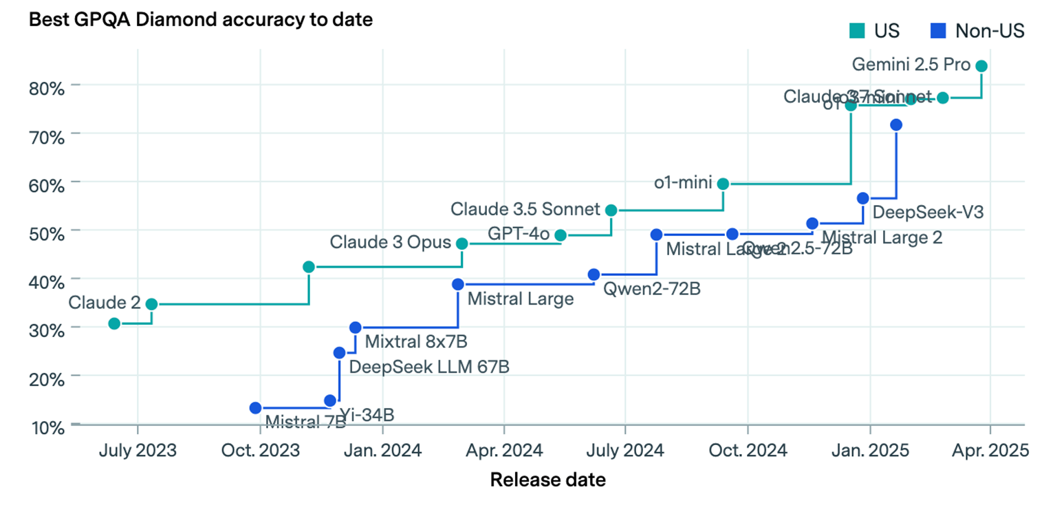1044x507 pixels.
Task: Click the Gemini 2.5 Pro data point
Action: pos(981,66)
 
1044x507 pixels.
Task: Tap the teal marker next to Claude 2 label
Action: pos(151,304)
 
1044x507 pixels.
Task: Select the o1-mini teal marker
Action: pos(723,184)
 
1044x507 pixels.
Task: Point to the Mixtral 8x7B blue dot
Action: pos(355,327)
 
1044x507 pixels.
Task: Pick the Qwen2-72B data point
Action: pos(594,274)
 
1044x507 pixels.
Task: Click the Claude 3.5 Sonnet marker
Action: pos(611,210)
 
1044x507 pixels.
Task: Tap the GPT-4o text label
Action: pos(518,234)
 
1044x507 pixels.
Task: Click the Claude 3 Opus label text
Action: pos(390,242)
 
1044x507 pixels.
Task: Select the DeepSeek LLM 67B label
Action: pos(429,366)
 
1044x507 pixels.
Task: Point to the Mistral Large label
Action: pos(520,299)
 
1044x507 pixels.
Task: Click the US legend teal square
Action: pos(856,31)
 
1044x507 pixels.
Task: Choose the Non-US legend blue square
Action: pos(938,31)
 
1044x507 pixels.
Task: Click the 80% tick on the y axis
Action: pos(47,88)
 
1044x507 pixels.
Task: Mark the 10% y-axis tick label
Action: pos(47,427)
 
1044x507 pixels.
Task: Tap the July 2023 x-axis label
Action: pos(138,451)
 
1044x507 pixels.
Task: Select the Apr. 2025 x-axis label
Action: pos(990,451)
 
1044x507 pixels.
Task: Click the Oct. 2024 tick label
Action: pos(747,451)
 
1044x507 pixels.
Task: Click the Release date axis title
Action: pos(547,479)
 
